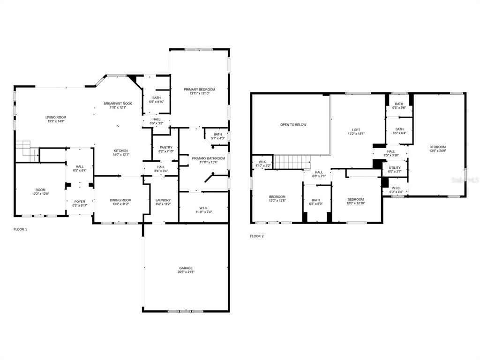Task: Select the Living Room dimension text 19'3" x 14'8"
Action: [x=56, y=121]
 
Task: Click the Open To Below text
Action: [x=293, y=125]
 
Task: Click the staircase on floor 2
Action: [x=292, y=162]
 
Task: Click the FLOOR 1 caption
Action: [x=20, y=229]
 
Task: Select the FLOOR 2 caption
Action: [x=257, y=236]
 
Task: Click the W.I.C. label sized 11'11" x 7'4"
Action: [x=203, y=210]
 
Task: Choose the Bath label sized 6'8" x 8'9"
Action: [x=315, y=202]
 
